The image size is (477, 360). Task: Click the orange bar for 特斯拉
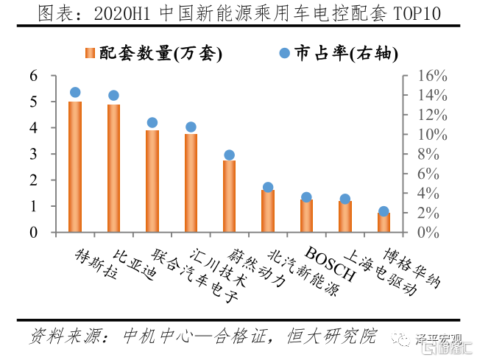point(75,167)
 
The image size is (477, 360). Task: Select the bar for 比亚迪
point(113,169)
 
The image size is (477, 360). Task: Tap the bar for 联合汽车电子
point(152,181)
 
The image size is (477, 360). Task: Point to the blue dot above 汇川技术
point(191,127)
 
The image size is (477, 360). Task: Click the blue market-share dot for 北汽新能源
point(268,188)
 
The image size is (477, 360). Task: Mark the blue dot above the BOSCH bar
point(306,197)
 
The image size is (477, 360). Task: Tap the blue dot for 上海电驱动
point(344,199)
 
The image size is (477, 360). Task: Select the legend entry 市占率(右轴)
point(336,53)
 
